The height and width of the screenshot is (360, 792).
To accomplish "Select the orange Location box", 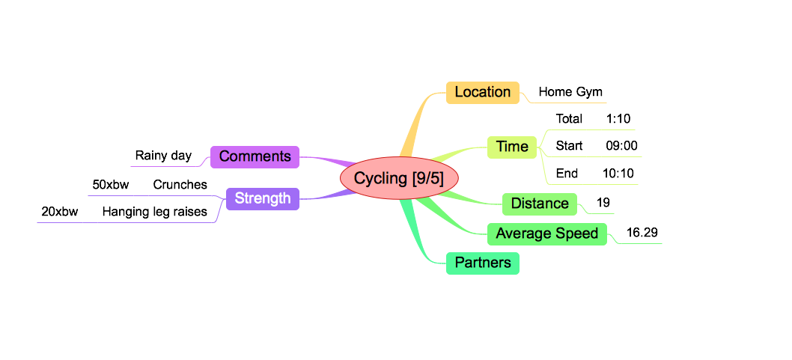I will (x=482, y=92).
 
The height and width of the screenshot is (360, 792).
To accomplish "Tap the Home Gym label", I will (x=570, y=92).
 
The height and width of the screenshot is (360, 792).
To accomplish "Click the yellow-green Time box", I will (x=512, y=147).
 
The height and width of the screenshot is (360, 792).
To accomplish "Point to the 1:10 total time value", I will (x=619, y=118).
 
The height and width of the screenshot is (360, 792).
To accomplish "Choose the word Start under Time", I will (x=569, y=146).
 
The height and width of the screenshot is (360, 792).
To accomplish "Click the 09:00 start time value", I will (x=621, y=146).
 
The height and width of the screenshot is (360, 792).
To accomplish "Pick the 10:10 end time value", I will (x=618, y=174).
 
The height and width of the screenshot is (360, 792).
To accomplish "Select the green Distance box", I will (x=540, y=203).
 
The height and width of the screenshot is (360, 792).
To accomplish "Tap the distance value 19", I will (x=603, y=203).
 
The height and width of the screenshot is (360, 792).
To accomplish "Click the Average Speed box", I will (x=547, y=234).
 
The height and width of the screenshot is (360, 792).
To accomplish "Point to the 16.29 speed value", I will (x=642, y=233).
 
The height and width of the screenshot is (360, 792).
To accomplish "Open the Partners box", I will (x=483, y=263).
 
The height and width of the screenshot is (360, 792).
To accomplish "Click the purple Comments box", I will (x=255, y=156).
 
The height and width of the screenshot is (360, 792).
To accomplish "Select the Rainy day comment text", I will (x=163, y=156).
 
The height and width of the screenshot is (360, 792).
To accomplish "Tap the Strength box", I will (x=262, y=198).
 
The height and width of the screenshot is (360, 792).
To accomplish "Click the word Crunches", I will (x=180, y=184).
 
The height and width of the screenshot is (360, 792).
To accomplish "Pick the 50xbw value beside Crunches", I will (x=111, y=184).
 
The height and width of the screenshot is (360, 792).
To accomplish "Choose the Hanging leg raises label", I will (x=154, y=212).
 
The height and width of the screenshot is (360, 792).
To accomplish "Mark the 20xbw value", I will (x=60, y=212).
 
